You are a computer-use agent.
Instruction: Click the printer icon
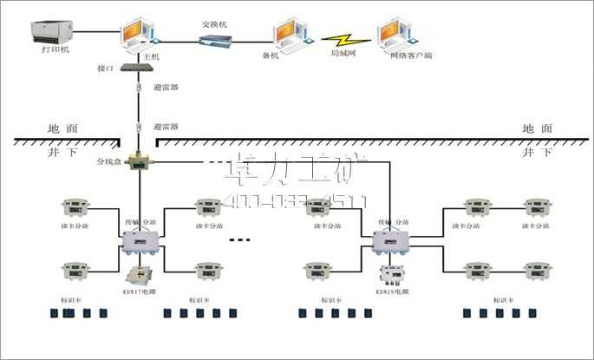[49, 32]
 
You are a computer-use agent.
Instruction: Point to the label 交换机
[213, 24]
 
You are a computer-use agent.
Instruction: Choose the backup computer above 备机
[288, 36]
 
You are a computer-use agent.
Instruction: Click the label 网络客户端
[411, 55]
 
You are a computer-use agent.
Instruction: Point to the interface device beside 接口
[136, 68]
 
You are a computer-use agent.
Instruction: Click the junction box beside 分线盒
[137, 161]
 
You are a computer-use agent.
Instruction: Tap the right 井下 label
[537, 152]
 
